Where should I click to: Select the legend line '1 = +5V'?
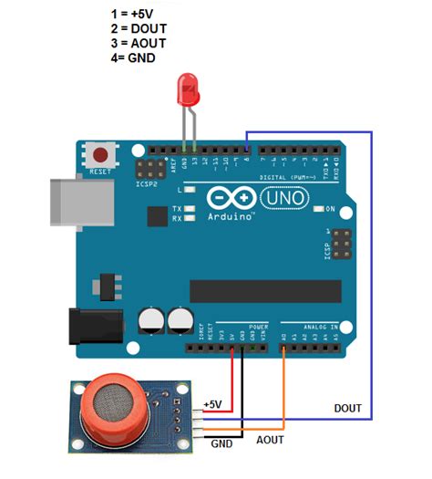pos(133,14)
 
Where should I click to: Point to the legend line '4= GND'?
pos(133,57)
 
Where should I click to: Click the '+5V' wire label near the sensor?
pos(212,403)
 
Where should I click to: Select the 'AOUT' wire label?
pos(271,439)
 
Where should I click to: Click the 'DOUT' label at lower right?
pos(349,407)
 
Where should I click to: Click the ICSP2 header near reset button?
pos(145,169)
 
